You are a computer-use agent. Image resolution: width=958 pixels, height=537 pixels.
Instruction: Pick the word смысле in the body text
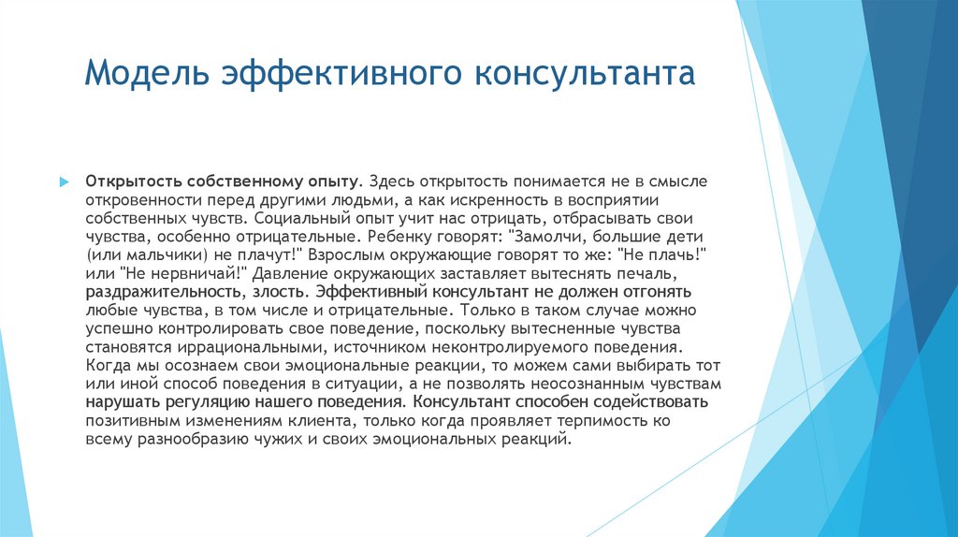(655, 179)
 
